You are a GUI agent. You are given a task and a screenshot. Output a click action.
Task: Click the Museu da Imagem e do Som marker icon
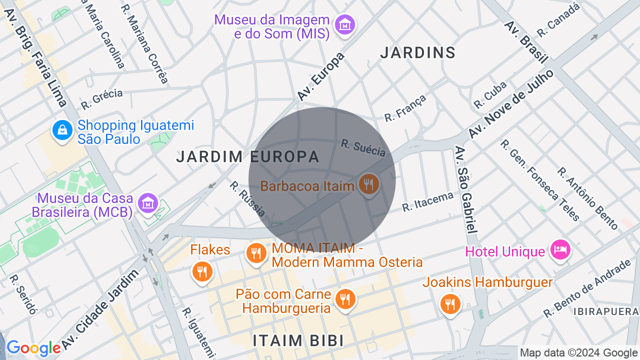pos(345,24)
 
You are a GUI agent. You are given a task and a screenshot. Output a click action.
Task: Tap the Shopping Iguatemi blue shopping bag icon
pos(62,130)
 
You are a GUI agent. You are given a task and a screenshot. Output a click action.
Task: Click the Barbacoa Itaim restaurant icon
pos(368,184)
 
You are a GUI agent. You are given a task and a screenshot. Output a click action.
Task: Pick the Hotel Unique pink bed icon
pos(560,248)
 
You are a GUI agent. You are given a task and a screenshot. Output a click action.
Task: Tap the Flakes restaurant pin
pos(202,272)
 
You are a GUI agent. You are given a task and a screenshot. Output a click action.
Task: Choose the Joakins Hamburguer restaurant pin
pos(450,303)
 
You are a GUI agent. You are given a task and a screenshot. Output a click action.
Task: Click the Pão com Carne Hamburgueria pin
pos(345,299)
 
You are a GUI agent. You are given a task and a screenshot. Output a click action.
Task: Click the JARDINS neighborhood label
pos(418,52)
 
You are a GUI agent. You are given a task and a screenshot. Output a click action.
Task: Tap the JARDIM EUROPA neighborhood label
pos(247,156)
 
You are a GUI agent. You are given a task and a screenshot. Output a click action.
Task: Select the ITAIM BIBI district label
pos(298,340)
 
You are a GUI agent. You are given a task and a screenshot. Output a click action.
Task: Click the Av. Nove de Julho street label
pos(511,104)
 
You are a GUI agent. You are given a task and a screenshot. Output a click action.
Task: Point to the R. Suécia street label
pos(363,147)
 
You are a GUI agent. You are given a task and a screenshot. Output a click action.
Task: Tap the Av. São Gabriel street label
pos(464,190)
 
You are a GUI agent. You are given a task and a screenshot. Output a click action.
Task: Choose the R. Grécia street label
pos(102,99)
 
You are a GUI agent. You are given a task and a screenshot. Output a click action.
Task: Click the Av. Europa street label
pos(321,76)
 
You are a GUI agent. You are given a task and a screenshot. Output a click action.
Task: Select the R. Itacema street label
pos(427,201)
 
